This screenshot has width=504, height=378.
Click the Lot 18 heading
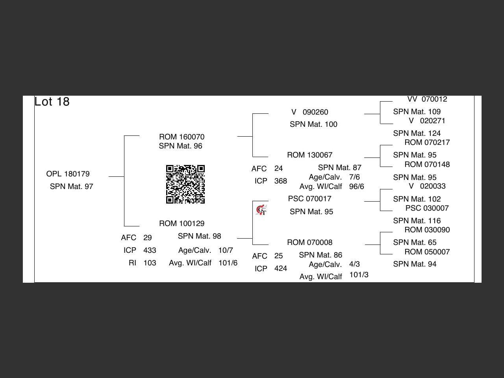[52, 102]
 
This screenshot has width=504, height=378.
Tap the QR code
[185, 184]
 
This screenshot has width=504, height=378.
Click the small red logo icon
[261, 210]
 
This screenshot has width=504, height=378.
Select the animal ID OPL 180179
[68, 174]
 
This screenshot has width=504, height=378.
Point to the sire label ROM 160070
[182, 137]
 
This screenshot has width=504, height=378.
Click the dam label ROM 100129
[182, 224]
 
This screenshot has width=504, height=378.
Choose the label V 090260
[310, 112]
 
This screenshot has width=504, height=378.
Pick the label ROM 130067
[309, 155]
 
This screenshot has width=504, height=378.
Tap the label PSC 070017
[309, 199]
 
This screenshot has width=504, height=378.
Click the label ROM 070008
[309, 243]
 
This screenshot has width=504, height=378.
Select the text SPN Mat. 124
[417, 133]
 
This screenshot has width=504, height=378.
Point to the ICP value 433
[150, 250]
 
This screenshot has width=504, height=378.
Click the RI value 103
[150, 263]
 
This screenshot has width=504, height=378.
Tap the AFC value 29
[148, 238]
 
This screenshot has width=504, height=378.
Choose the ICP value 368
[280, 181]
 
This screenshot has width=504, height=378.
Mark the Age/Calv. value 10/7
[226, 250]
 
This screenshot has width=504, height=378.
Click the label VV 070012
[427, 99]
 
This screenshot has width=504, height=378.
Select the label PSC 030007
[427, 208]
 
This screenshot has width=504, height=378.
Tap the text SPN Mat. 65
[415, 243]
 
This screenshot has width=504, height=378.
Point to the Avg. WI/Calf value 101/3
[359, 275]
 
